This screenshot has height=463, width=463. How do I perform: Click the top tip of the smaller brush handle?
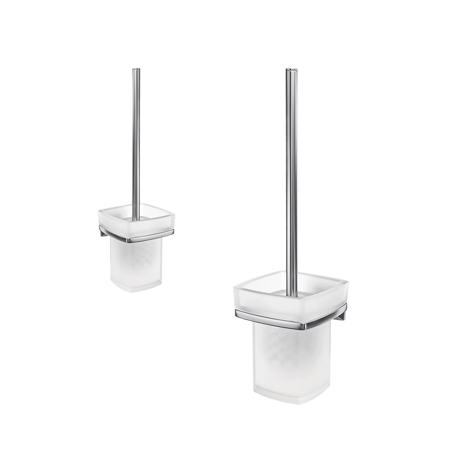135,69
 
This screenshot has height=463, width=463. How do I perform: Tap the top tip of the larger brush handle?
292,69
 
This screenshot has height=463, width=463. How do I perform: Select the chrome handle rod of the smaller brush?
135,139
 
